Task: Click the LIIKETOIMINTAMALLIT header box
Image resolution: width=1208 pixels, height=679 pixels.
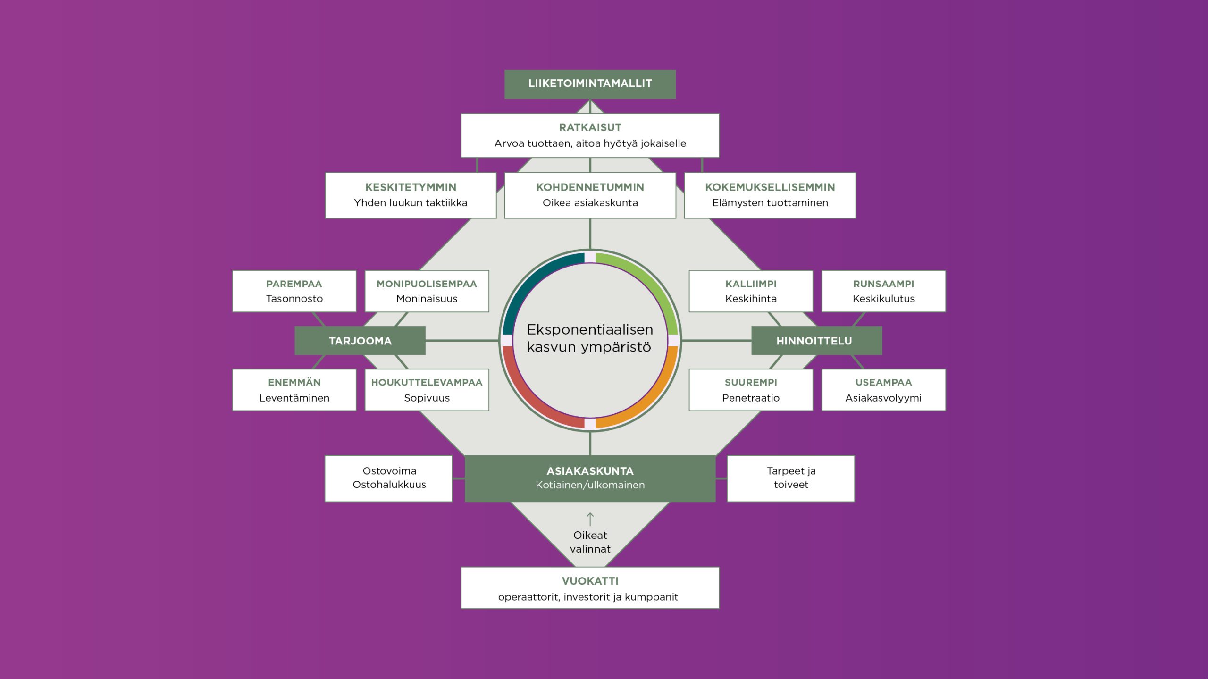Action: click(590, 84)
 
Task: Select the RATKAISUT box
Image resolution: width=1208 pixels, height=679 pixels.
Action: click(590, 135)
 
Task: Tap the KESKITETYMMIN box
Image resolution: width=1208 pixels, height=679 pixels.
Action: click(411, 195)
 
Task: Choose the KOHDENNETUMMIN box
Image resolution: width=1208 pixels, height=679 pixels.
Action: click(590, 195)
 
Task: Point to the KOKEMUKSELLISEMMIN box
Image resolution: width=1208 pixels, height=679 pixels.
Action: click(770, 195)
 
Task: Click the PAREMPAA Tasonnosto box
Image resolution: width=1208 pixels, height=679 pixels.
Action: click(294, 291)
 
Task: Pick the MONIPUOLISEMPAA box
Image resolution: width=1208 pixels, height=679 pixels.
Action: click(427, 291)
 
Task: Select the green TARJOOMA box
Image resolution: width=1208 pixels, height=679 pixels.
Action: click(360, 341)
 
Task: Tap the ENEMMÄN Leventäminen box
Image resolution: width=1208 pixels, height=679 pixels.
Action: click(294, 390)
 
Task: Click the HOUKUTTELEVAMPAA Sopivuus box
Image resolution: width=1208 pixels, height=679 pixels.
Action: click(427, 390)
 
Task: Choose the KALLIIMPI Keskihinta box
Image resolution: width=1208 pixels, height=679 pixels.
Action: click(751, 291)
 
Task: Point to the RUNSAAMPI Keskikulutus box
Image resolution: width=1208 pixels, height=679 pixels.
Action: click(884, 291)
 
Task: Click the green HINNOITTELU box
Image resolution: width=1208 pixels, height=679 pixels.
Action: click(817, 341)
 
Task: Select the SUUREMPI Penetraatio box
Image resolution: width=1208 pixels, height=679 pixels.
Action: click(751, 390)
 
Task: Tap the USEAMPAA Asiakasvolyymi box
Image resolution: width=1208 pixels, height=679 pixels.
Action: click(884, 390)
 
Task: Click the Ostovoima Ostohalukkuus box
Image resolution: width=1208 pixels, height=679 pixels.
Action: click(389, 478)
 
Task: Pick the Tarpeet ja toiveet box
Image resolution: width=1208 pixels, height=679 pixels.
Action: click(791, 478)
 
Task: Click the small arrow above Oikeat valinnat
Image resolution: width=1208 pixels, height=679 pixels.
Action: click(590, 519)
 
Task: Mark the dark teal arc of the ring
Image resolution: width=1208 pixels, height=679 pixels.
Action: click(529, 280)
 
